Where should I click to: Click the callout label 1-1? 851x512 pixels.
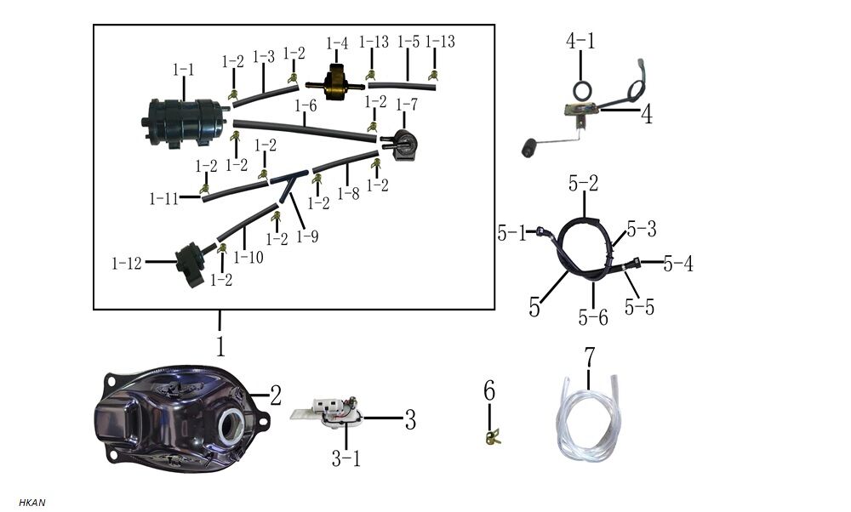[183, 69]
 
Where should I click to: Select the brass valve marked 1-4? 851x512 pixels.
[334, 84]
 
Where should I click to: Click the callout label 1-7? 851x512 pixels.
[407, 105]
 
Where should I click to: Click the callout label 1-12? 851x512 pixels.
[127, 264]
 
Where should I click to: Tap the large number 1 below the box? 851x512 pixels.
[220, 346]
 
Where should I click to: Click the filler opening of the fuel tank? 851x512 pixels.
[231, 424]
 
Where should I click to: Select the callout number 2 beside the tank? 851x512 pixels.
[276, 395]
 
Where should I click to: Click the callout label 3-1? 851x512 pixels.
[346, 459]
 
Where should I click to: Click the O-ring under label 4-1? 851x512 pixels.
[581, 90]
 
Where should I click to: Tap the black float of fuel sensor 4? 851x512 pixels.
[531, 151]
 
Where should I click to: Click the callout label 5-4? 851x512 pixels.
[678, 265]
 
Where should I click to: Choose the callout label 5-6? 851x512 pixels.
[593, 317]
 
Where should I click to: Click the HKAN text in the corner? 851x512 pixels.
[31, 503]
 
